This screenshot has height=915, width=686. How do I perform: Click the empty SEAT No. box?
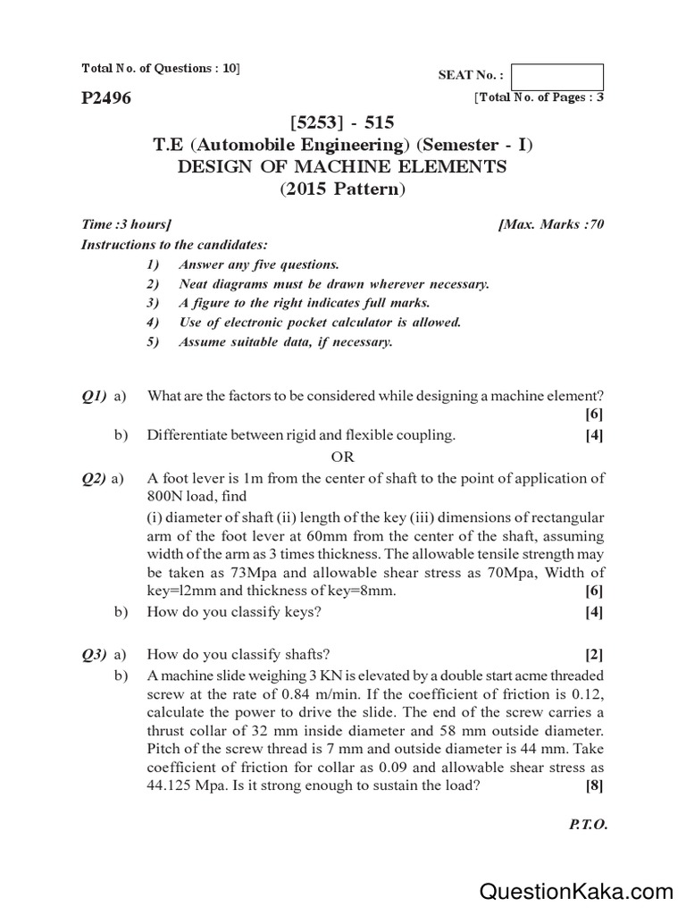coord(558,77)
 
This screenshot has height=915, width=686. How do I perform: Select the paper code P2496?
coord(106,98)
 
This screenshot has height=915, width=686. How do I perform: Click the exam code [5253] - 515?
coord(342,122)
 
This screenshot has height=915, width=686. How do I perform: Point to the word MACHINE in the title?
coord(340,167)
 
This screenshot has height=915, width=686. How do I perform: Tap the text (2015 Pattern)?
coord(342,189)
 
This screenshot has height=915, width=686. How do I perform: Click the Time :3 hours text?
coord(126,225)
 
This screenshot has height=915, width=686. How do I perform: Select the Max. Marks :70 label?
coord(552,225)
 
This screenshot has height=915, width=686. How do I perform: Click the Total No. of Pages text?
coord(539,97)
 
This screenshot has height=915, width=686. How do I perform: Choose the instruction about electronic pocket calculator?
coord(320,323)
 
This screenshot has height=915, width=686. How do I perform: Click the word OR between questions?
coord(343,457)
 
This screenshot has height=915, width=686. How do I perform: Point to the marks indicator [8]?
coord(594,786)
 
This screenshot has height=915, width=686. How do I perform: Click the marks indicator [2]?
coord(594,652)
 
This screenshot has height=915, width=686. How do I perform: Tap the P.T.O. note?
coord(588,825)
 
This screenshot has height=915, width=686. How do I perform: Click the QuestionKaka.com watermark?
coord(576,890)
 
